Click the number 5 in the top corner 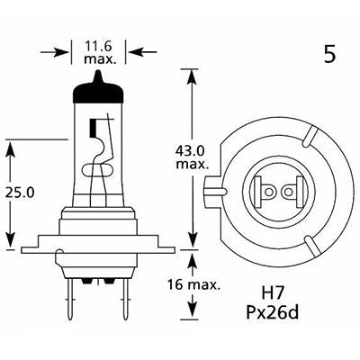coord(329,55)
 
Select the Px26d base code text coord(280,314)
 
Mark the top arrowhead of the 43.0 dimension coord(191,73)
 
